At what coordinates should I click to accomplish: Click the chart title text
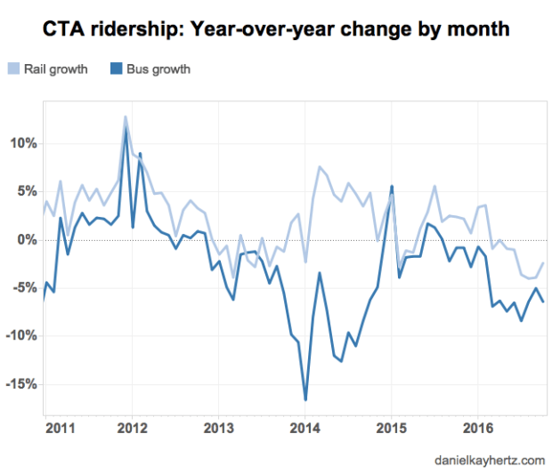pyautogui.click(x=276, y=29)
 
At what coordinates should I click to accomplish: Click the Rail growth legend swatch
pyautogui.click(x=15, y=68)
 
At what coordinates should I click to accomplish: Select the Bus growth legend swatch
pyautogui.click(x=114, y=68)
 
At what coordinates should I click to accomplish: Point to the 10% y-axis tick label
pyautogui.click(x=21, y=143)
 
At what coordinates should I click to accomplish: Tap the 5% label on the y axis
pyautogui.click(x=25, y=191)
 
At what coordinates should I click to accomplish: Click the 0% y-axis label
pyautogui.click(x=25, y=240)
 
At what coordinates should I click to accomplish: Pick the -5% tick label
pyautogui.click(x=23, y=288)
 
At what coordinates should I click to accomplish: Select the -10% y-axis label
pyautogui.click(x=20, y=336)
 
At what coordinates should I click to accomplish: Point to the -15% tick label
pyautogui.click(x=20, y=384)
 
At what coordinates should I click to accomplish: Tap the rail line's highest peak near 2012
pyautogui.click(x=126, y=116)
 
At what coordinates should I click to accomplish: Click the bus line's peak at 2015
pyautogui.click(x=392, y=186)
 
